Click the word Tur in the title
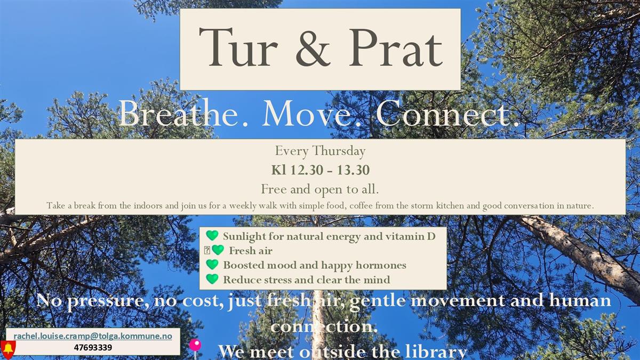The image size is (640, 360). pyautogui.click(x=238, y=47)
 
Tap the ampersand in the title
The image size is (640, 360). pyautogui.click(x=313, y=47)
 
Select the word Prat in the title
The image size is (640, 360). pyautogui.click(x=396, y=47)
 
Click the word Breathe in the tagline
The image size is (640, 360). pyautogui.click(x=179, y=113)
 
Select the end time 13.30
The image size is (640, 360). pyautogui.click(x=353, y=170)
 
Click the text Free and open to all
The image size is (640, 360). pyautogui.click(x=320, y=189)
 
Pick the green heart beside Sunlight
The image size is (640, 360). pyautogui.click(x=212, y=235)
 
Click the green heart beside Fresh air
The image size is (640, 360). pyautogui.click(x=218, y=250)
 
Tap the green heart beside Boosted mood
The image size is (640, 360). pyautogui.click(x=212, y=265)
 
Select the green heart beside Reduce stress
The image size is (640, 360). pyautogui.click(x=212, y=279)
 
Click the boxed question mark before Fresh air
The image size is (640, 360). pyautogui.click(x=207, y=251)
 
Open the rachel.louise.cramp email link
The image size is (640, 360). pyautogui.click(x=93, y=336)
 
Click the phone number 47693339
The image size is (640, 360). pyautogui.click(x=93, y=348)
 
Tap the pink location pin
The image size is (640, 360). pyautogui.click(x=195, y=347)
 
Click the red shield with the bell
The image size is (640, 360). pyautogui.click(x=8, y=349)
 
